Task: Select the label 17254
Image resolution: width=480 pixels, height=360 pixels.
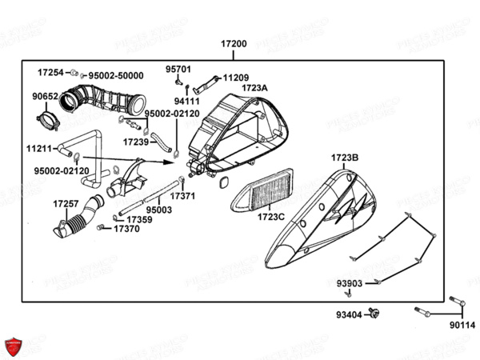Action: pos(49,72)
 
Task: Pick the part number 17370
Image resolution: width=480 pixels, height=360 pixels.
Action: pos(126,228)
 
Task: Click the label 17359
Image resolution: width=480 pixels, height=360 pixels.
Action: pos(139,219)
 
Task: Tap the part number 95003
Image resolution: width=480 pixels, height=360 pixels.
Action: pos(158,210)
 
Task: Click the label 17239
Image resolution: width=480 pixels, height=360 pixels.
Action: pos(135,142)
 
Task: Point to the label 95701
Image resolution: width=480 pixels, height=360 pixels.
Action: pos(178,70)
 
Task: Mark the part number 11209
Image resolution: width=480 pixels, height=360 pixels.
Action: pos(235,78)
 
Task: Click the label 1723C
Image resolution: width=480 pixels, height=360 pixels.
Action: pos(271,217)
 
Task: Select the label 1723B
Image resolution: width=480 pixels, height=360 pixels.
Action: pos(345,158)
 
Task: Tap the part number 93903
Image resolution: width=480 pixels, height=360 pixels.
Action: pos(348,283)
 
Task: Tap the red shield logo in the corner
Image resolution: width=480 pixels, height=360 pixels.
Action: pos(14,346)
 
